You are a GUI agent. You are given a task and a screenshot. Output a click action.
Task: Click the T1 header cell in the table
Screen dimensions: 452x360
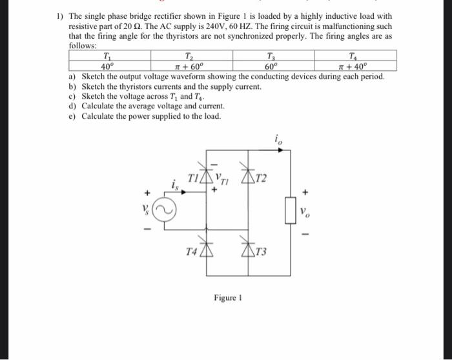point(107,56)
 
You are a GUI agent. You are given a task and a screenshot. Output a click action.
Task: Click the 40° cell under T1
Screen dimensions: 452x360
point(107,66)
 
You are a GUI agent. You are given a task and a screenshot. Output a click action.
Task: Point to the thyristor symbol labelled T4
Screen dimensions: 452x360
point(207,252)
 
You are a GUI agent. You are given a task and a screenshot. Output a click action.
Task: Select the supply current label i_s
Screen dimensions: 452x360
point(175,186)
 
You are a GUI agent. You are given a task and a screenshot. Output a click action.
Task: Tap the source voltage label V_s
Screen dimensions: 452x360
point(146,212)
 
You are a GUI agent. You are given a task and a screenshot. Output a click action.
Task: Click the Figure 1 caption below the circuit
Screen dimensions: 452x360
point(227,297)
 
